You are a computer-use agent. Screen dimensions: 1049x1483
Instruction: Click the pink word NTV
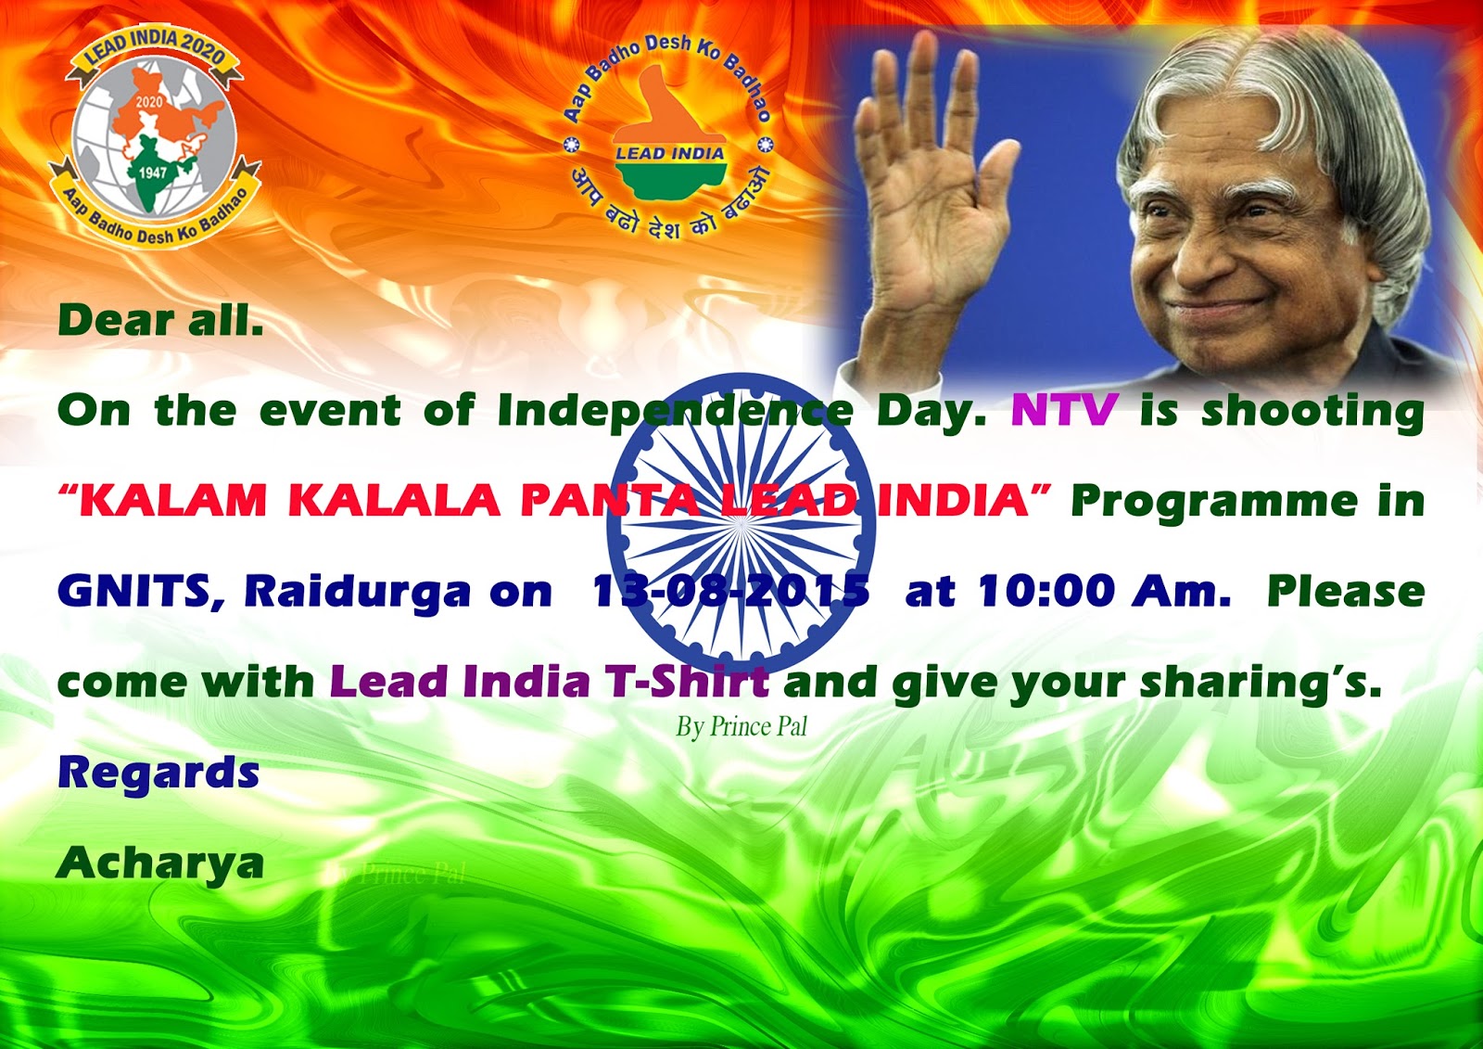(1063, 410)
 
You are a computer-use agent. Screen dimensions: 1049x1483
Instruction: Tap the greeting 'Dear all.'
(160, 321)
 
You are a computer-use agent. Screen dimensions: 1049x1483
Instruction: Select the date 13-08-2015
(730, 591)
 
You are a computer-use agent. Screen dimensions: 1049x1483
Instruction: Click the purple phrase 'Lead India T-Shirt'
(549, 682)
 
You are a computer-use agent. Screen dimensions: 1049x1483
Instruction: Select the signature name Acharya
(160, 864)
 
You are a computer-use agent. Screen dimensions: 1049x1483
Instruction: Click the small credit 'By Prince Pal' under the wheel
(741, 726)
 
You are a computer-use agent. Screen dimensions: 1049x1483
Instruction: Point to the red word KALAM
(172, 501)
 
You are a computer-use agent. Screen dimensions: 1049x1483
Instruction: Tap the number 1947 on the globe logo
(153, 173)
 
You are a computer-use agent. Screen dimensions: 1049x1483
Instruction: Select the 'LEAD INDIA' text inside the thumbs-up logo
(669, 154)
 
